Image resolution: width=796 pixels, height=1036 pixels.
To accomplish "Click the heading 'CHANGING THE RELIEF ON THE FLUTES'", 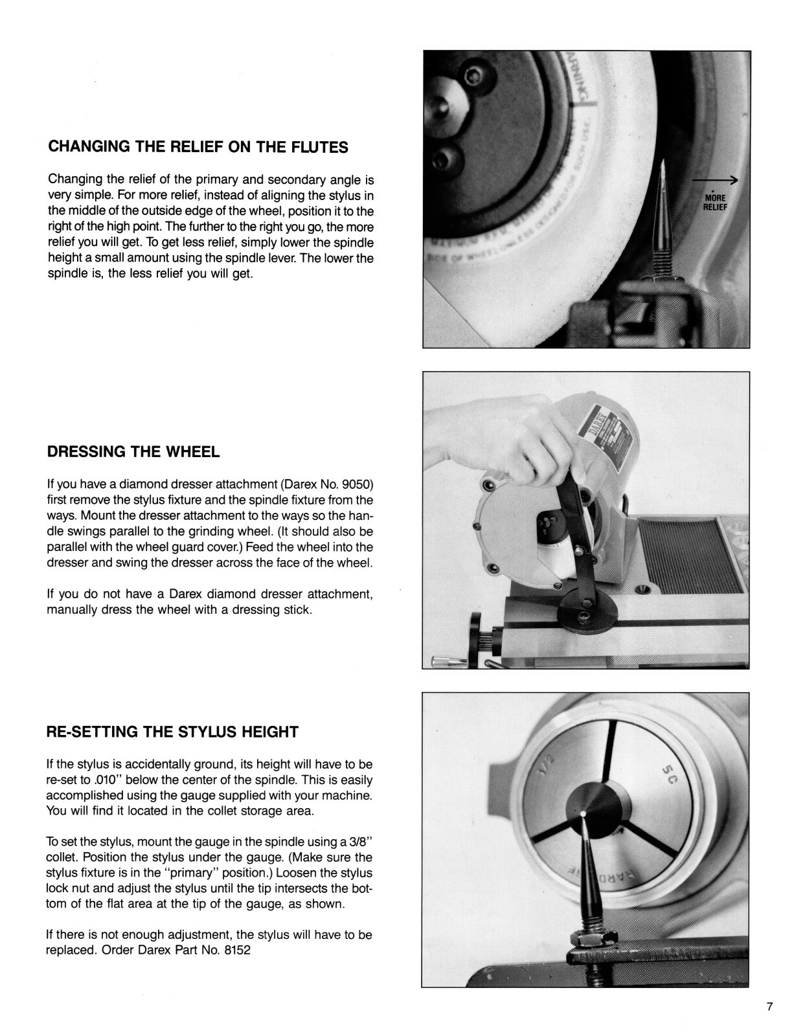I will pyautogui.click(x=198, y=147).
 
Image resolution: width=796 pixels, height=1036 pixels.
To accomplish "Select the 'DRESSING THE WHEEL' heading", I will pyautogui.click(x=133, y=452).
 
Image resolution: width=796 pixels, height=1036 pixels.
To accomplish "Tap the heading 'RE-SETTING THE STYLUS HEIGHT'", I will pyautogui.click(x=173, y=732).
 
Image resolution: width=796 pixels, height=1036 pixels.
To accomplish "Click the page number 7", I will pyautogui.click(x=769, y=1007).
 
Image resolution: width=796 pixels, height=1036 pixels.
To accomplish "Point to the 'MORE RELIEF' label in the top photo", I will pyautogui.click(x=716, y=202).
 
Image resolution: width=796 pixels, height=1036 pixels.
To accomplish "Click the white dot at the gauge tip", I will pyautogui.click(x=584, y=813).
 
